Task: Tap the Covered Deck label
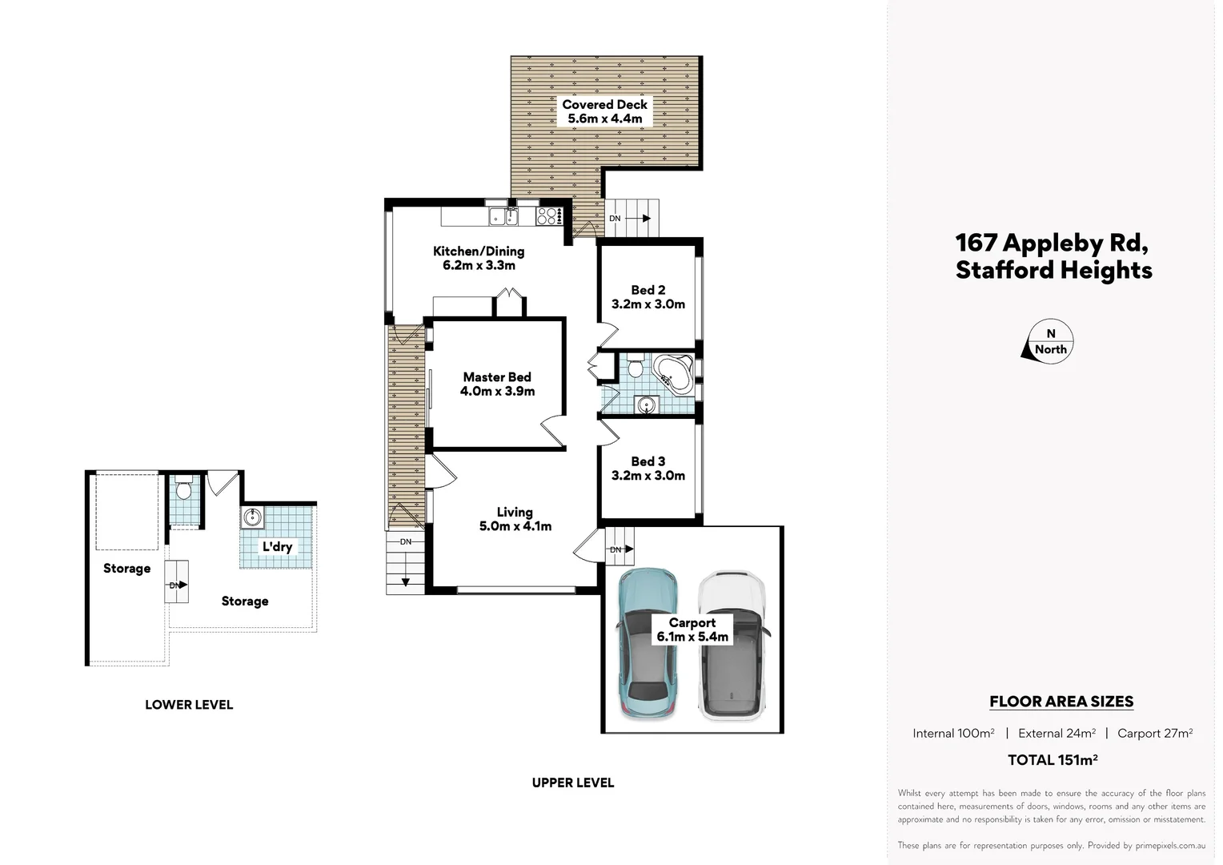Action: point(605,104)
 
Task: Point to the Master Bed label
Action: point(497,377)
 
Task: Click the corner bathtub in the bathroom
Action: point(673,374)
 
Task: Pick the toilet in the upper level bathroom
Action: point(636,368)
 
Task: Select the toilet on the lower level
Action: point(184,489)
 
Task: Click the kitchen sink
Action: point(504,216)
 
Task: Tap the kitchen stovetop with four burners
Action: point(547,216)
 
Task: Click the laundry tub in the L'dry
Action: point(253,517)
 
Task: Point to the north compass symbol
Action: point(1049,342)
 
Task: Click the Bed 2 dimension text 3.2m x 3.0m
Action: point(648,304)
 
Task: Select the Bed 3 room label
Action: point(648,461)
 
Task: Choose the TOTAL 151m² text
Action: point(1053,760)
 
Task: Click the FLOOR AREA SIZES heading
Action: point(1061,702)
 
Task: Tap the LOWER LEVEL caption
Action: point(189,705)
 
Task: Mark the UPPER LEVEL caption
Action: point(573,783)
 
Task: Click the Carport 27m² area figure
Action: point(1155,733)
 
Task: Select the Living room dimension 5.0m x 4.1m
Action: point(515,526)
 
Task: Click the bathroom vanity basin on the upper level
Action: point(646,405)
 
